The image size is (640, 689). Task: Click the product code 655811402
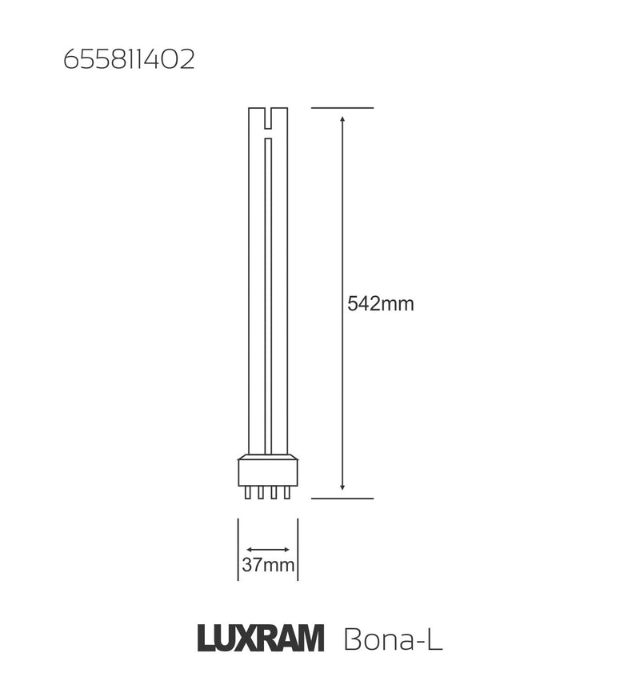click(x=129, y=60)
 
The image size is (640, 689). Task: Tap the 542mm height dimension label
click(x=381, y=304)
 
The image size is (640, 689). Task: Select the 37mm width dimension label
click(x=268, y=566)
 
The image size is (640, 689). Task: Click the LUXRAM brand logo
click(x=261, y=639)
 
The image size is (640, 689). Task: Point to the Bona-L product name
click(x=392, y=640)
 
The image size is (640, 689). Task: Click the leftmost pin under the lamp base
click(x=248, y=492)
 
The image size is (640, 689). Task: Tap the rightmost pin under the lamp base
click(x=287, y=492)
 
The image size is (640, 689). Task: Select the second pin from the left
click(x=261, y=492)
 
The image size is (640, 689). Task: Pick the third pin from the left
click(x=274, y=492)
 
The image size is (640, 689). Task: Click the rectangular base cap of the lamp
click(x=268, y=472)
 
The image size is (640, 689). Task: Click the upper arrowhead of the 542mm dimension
click(x=342, y=118)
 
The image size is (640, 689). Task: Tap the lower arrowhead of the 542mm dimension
click(x=342, y=486)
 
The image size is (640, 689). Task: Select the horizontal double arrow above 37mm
click(x=268, y=550)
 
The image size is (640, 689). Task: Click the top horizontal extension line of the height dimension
click(x=342, y=107)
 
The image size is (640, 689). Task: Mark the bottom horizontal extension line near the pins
click(x=342, y=499)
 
